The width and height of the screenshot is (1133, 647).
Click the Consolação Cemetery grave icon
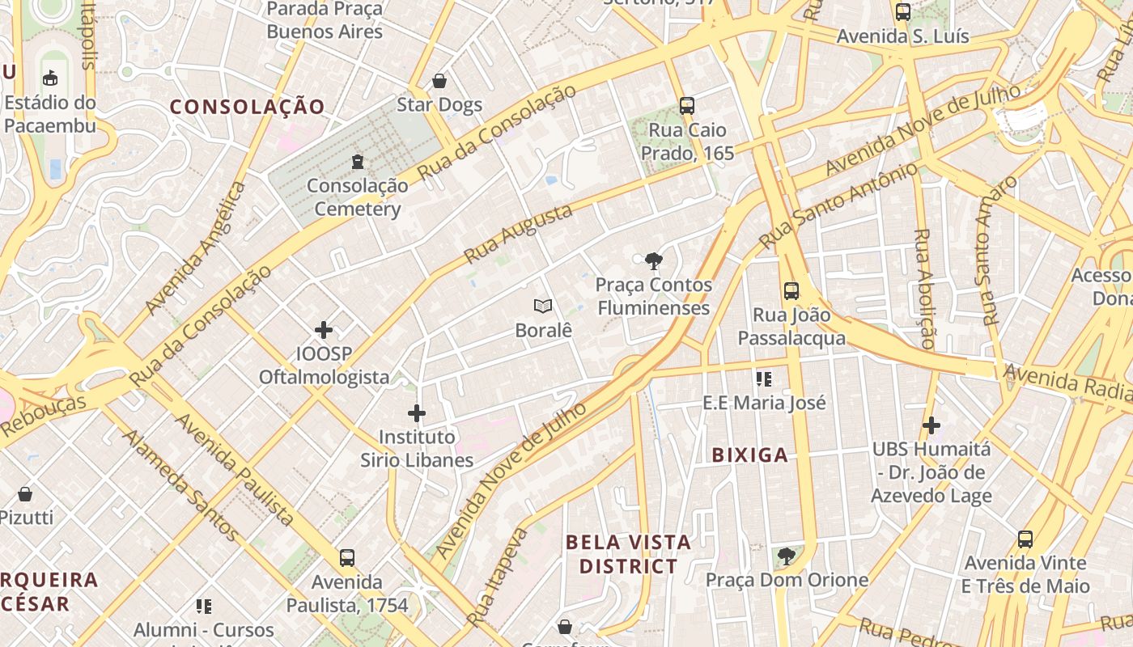(357, 162)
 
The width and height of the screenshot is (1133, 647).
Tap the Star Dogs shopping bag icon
(439, 81)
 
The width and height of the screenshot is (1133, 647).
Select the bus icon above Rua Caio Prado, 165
(687, 106)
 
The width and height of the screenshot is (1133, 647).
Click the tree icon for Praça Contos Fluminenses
(653, 260)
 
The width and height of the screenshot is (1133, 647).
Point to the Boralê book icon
(543, 307)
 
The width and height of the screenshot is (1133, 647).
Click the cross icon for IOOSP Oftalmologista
(324, 330)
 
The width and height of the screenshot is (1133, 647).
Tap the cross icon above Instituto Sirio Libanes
(417, 414)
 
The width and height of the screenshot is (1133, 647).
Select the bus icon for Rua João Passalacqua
(791, 291)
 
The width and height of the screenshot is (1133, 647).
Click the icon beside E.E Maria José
(763, 378)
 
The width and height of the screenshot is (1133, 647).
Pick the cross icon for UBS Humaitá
(931, 425)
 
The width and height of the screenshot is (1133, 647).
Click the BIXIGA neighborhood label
(750, 455)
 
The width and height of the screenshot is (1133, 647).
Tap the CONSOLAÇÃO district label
(247, 107)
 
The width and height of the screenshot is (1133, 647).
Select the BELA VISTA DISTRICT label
(628, 554)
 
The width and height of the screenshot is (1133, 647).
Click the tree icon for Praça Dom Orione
(786, 556)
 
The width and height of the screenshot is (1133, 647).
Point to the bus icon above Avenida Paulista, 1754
(347, 558)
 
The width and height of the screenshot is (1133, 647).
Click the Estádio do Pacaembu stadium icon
(50, 78)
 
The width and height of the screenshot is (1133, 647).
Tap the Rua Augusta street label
(518, 234)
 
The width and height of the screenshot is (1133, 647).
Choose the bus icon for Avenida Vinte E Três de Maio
(1025, 539)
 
